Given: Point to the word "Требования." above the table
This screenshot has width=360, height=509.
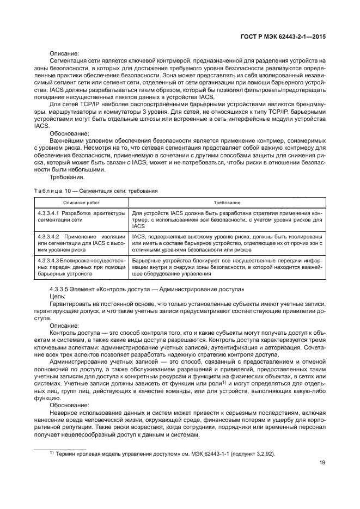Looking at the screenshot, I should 66,177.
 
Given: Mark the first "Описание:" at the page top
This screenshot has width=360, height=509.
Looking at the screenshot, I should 64,53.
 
